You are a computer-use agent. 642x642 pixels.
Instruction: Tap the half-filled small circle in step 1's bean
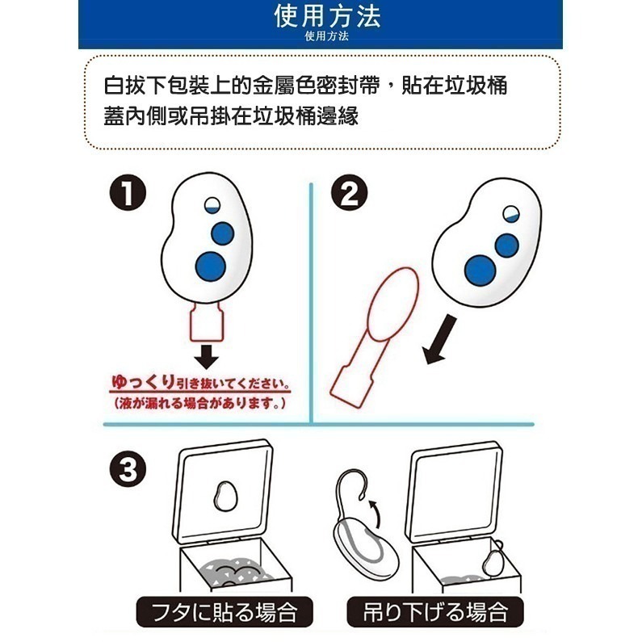(x=214, y=205)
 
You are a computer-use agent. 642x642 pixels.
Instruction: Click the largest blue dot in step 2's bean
(x=480, y=269)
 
